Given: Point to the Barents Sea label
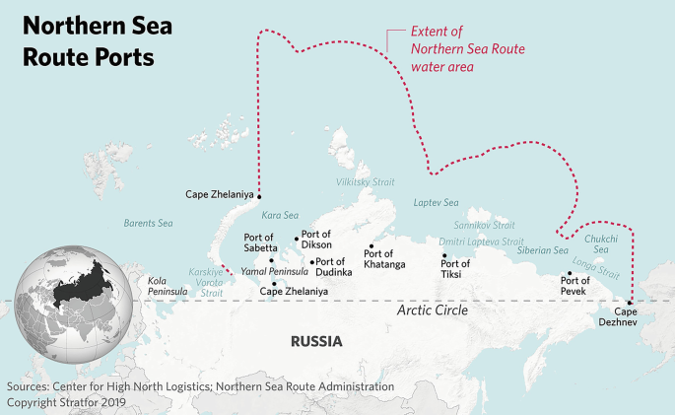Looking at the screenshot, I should click(x=148, y=224).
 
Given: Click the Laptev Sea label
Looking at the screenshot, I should click(x=437, y=203).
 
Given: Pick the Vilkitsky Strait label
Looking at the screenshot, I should click(x=365, y=182).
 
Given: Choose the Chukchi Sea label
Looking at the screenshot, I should click(x=601, y=244).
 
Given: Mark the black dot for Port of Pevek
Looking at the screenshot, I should click(x=570, y=273).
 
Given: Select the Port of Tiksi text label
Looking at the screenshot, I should click(x=455, y=269).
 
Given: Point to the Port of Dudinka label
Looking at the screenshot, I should click(x=334, y=267).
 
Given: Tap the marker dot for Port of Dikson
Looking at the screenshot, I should click(x=296, y=238).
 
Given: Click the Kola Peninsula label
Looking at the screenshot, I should click(x=167, y=286).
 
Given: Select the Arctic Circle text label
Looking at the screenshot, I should click(x=432, y=311).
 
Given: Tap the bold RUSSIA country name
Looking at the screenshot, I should click(x=315, y=342).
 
